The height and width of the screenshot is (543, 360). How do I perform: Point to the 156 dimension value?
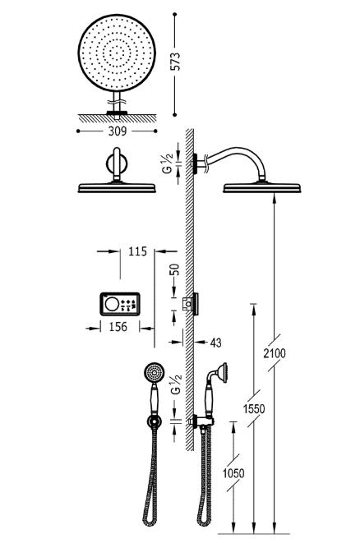[118, 327]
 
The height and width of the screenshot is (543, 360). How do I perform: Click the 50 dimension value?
[173, 270]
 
